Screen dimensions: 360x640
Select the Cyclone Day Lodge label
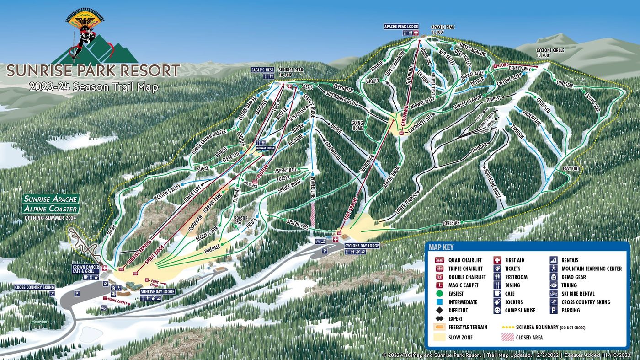pos(362,246)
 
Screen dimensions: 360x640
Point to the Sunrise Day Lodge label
pos(158,291)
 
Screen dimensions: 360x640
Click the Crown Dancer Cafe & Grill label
pos(85,269)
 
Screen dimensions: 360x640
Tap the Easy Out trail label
pos(571,169)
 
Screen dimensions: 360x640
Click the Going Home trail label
pos(357,126)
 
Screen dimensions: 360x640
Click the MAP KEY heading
pos(442,247)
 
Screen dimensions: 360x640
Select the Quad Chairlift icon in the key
pos(439,260)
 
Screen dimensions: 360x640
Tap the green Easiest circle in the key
pos(439,294)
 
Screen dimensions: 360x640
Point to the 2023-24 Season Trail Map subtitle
pos(93,87)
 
